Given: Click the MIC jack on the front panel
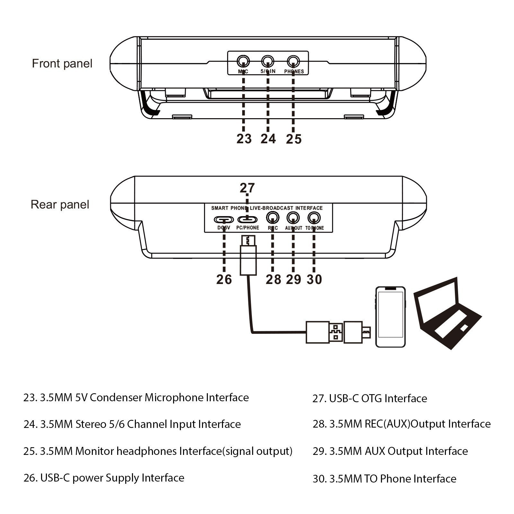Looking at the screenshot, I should [243, 61].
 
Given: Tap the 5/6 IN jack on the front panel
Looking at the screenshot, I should [268, 61].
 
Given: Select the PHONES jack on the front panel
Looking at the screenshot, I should [293, 61].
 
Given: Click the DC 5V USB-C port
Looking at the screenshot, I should [224, 220].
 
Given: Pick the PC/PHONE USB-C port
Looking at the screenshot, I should [247, 220].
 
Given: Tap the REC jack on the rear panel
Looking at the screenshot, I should [272, 218].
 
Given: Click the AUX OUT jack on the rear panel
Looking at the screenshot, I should [293, 218].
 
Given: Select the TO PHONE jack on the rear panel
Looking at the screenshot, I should [314, 218].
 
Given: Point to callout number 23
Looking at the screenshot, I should [244, 139].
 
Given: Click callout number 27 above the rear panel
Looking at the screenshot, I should [247, 188].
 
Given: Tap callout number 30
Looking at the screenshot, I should [314, 279].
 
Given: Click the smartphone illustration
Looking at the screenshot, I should [390, 317].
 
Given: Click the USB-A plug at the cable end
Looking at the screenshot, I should [324, 332].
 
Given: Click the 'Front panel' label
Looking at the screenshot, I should [62, 64].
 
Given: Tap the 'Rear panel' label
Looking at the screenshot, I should [60, 205].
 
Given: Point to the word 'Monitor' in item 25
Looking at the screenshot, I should [94, 451].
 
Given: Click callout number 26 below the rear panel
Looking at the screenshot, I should [224, 279].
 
